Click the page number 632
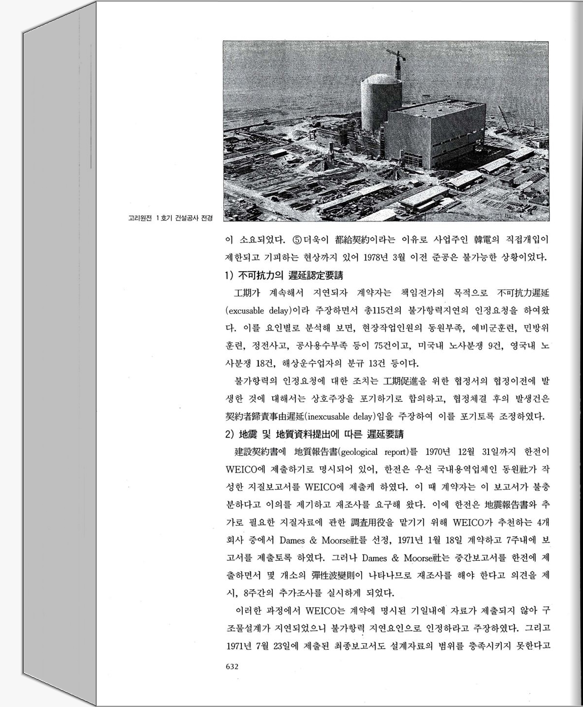[232, 666]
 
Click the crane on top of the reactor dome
[397, 64]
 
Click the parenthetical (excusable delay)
[258, 310]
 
